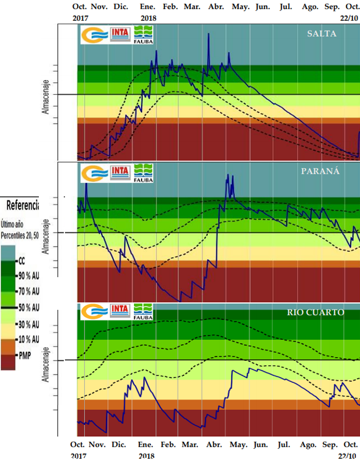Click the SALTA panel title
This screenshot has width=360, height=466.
(322, 34)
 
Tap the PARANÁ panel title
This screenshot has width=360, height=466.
(320, 172)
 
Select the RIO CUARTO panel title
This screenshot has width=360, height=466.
(315, 313)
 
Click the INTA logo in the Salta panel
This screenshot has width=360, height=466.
(120, 34)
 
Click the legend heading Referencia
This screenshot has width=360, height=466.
(22, 205)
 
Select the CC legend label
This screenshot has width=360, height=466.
(22, 260)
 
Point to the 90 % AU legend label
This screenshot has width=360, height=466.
(29, 276)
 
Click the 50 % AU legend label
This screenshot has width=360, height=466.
(29, 307)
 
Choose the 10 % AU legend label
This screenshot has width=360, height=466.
(29, 339)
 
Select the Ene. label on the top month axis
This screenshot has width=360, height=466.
(147, 7)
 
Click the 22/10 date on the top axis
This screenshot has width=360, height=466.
(349, 18)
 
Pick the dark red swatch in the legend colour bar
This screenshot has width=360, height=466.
(8, 363)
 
